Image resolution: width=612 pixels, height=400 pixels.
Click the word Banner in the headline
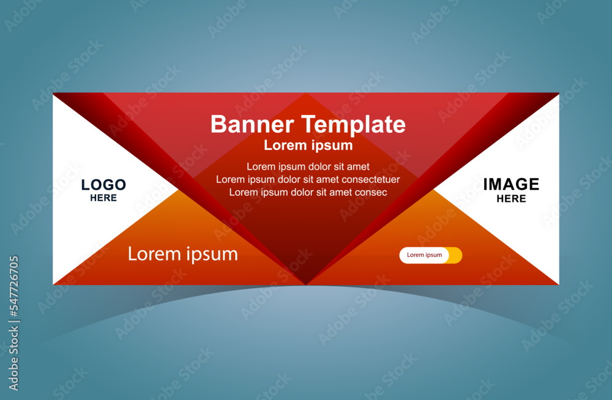pos(252,124)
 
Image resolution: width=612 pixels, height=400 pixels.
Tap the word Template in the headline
pos(354,125)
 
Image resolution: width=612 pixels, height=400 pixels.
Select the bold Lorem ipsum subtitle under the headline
pos(308,145)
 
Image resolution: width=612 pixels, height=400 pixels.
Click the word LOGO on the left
pos(103,185)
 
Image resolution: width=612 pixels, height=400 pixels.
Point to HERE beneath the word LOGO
pos(103,198)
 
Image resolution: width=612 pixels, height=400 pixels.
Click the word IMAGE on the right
pos(511,184)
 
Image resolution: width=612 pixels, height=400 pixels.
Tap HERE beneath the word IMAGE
pos(511,199)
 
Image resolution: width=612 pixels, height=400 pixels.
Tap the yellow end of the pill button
pos(456,255)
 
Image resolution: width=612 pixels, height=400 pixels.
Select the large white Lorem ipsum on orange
pos(182,254)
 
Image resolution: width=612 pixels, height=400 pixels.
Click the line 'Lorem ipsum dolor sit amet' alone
pos(308,166)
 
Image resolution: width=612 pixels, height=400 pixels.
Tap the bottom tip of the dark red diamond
pos(307,284)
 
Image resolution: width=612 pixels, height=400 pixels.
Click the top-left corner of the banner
pos(53,93)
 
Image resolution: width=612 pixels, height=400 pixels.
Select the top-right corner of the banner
pos(559,93)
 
